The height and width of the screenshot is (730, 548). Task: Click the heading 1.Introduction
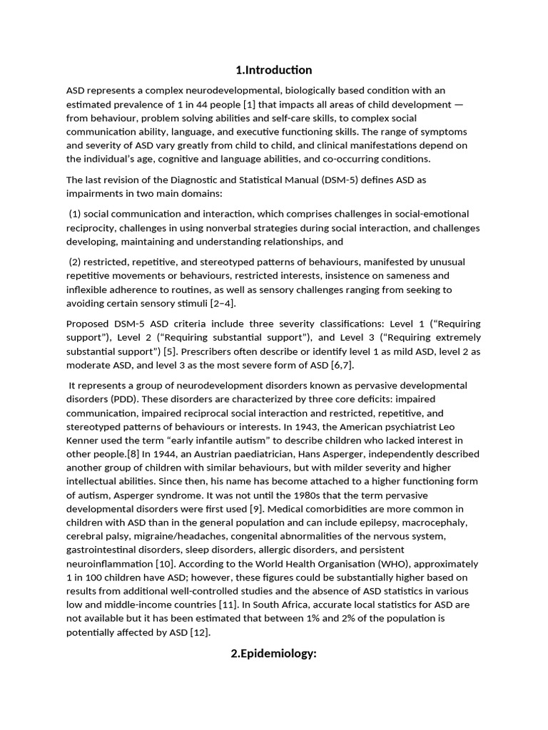pyautogui.click(x=273, y=70)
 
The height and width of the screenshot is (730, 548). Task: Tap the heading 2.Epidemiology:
pyautogui.click(x=273, y=653)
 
